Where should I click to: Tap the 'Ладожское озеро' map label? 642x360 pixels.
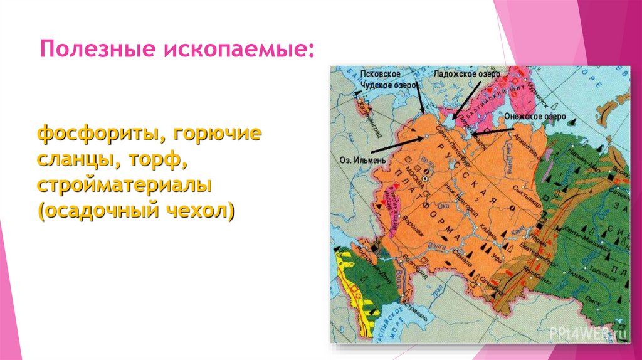pyautogui.click(x=466, y=74)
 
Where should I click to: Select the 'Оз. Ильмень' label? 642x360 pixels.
pyautogui.click(x=352, y=159)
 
